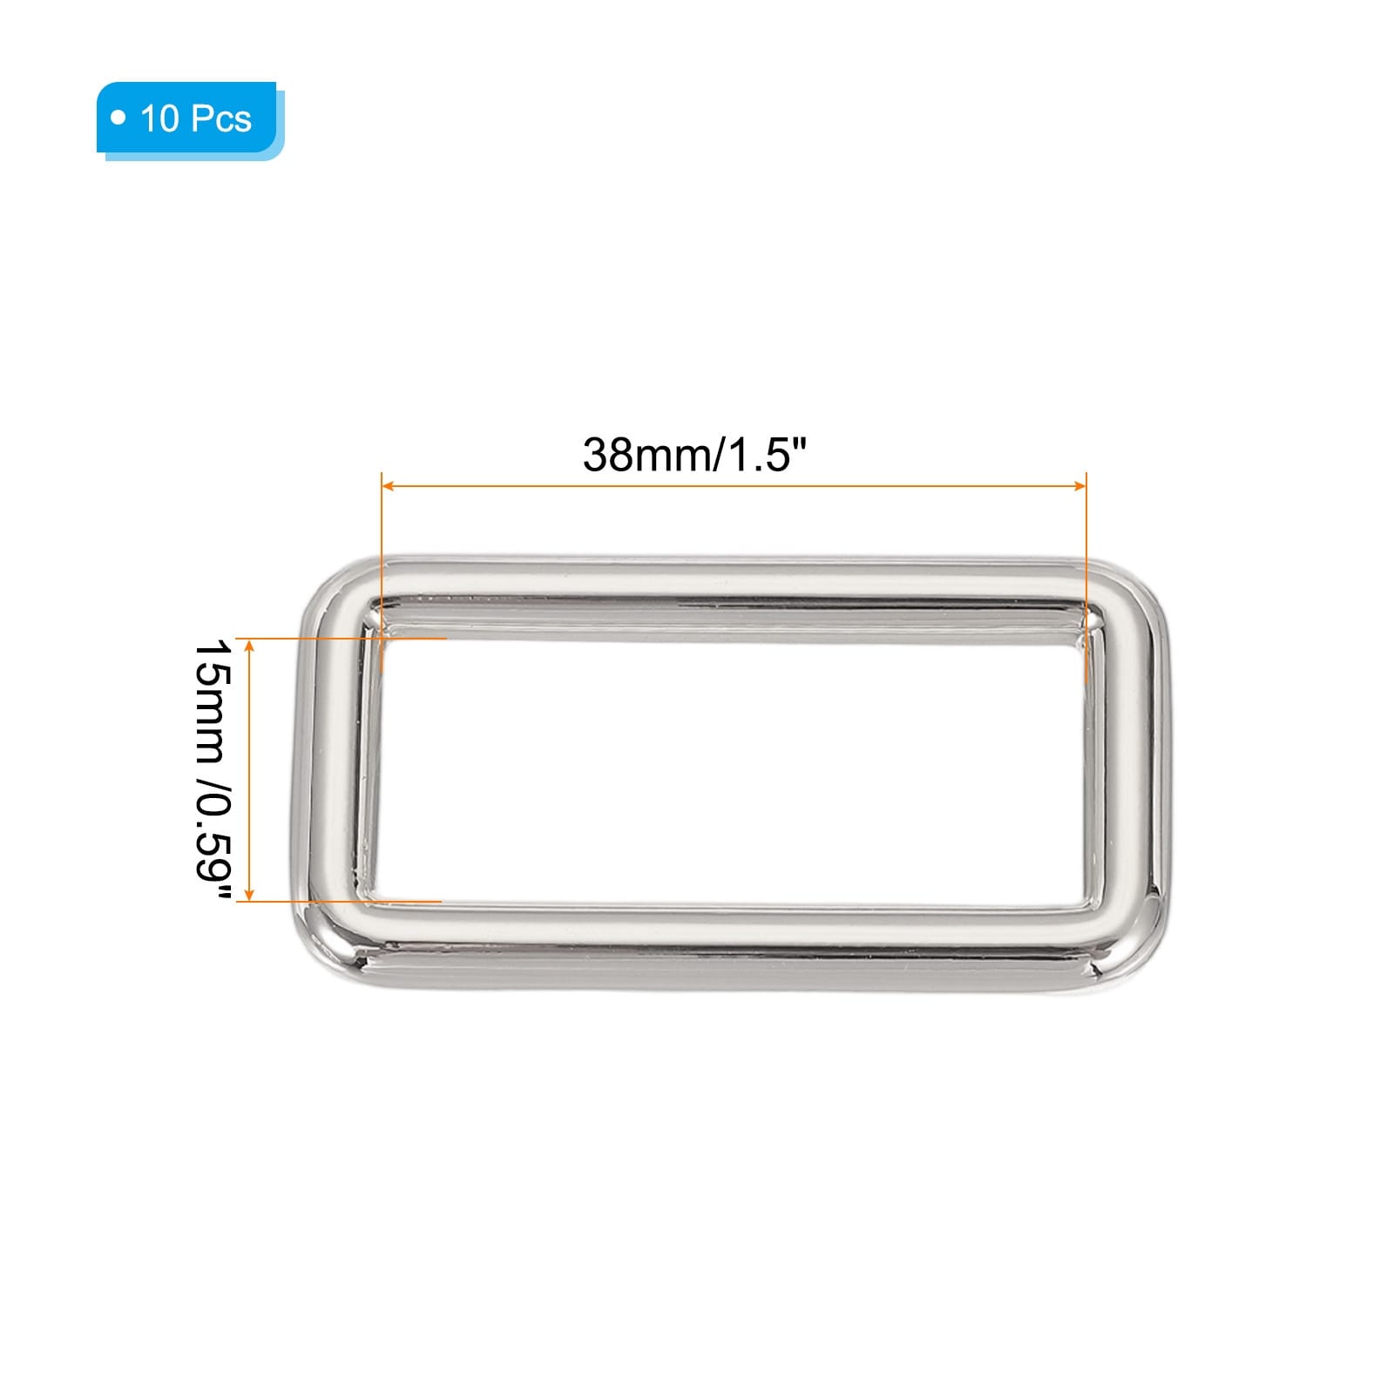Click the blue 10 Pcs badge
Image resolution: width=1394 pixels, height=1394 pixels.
tap(190, 120)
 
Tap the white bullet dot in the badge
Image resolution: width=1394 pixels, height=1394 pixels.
tap(118, 118)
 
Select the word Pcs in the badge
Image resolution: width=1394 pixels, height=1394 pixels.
tap(222, 118)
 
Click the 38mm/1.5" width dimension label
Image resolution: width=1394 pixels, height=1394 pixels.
tap(695, 455)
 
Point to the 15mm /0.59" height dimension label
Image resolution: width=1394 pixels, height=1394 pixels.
tap(213, 770)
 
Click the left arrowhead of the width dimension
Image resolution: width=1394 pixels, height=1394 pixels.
tap(389, 486)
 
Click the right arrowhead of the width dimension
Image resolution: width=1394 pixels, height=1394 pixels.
tap(1080, 486)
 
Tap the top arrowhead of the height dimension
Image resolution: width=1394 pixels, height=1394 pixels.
tap(250, 646)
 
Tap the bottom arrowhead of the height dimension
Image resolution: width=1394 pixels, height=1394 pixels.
tap(250, 894)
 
